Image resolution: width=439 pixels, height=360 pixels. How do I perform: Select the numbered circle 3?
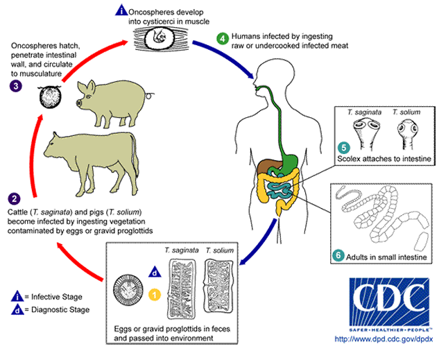(x=15, y=86)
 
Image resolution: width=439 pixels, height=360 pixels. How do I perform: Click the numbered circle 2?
(x=15, y=197)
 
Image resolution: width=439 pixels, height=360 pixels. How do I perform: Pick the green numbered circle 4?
(x=223, y=37)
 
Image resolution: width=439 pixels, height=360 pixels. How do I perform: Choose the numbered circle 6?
(x=338, y=255)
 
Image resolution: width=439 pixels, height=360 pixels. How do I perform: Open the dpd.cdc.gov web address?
(x=384, y=339)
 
